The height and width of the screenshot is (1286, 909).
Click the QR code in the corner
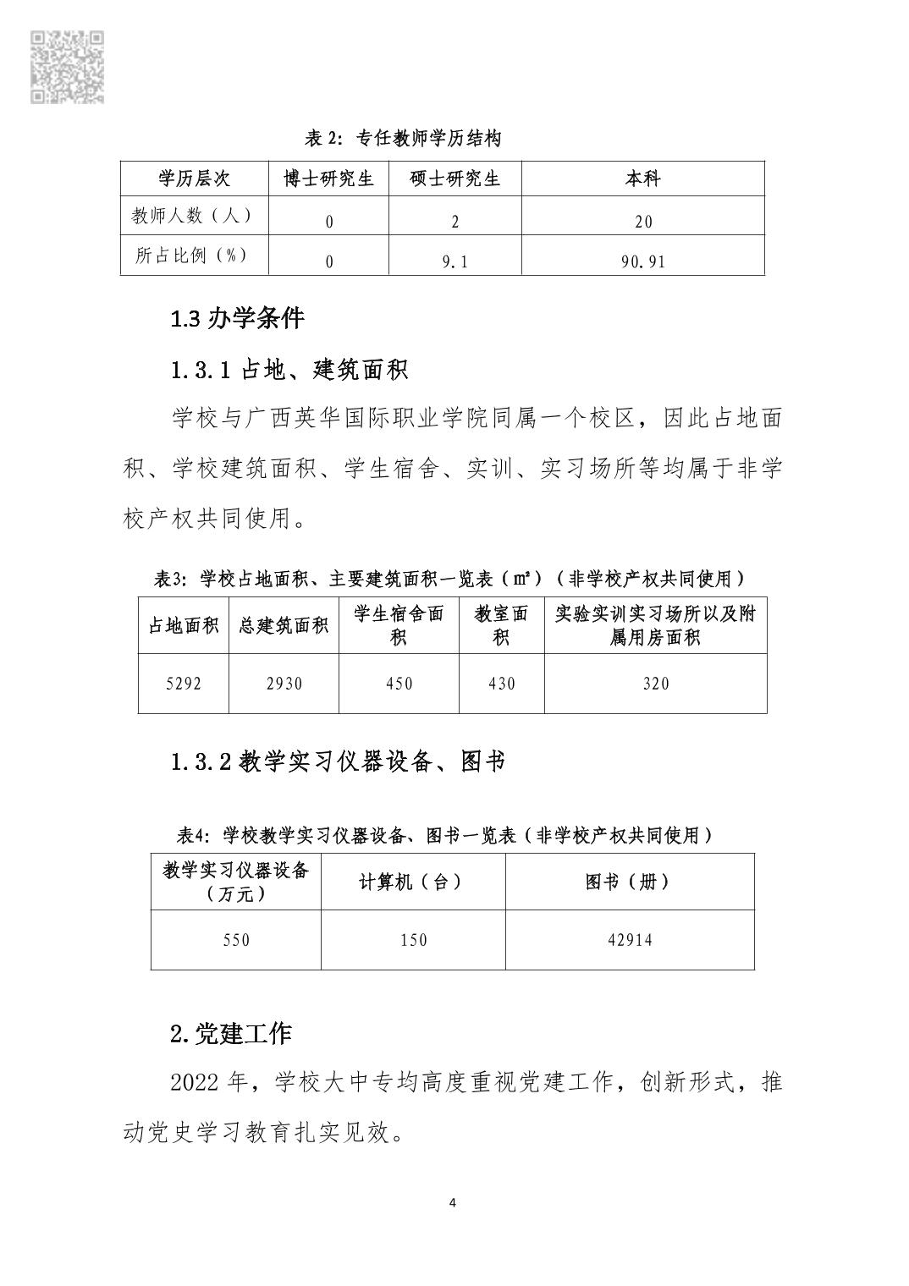(67, 67)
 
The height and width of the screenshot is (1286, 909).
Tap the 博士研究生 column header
(328, 179)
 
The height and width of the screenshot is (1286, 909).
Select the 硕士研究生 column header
(454, 179)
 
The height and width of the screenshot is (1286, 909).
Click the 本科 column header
(642, 179)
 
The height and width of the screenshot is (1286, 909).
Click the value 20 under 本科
(642, 222)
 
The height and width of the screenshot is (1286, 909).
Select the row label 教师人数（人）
(193, 216)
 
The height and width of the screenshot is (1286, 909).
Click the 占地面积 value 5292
(183, 684)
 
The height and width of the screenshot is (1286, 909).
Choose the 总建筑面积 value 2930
(284, 684)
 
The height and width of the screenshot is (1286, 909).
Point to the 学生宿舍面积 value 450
(399, 684)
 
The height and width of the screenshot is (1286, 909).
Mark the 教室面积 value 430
(501, 684)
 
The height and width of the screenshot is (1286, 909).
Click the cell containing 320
(656, 684)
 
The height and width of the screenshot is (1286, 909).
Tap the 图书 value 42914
(629, 940)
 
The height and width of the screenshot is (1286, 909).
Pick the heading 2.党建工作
(230, 1033)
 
